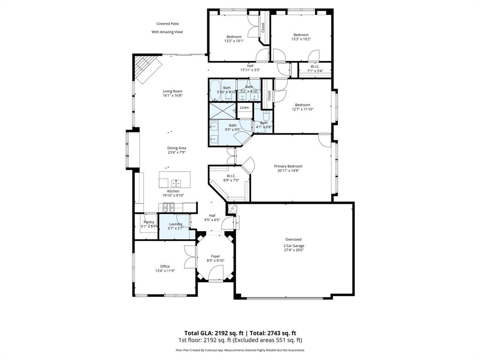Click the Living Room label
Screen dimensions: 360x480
click(x=172, y=91)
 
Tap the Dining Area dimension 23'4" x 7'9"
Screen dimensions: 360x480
click(x=177, y=152)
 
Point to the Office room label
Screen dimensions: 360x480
click(x=165, y=266)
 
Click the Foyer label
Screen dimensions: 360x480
click(x=215, y=256)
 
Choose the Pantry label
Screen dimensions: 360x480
click(x=149, y=222)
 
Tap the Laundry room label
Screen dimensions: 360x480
click(x=176, y=224)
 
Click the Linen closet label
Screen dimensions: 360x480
click(x=244, y=108)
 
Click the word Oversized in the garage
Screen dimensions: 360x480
click(x=293, y=239)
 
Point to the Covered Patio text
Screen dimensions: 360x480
click(x=167, y=23)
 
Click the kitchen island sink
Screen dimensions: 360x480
click(x=176, y=182)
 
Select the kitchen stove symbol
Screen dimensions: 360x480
click(x=169, y=206)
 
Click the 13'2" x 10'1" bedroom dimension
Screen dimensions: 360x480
click(x=234, y=41)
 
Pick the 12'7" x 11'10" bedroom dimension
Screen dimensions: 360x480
click(x=302, y=109)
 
